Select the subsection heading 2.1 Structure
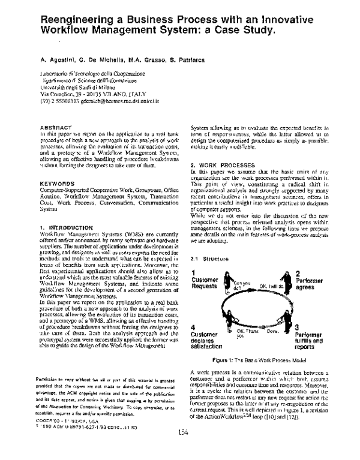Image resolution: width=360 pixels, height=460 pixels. coord(206,258)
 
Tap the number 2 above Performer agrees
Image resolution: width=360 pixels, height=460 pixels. coord(297,273)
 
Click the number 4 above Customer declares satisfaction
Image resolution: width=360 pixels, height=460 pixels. coord(193,327)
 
